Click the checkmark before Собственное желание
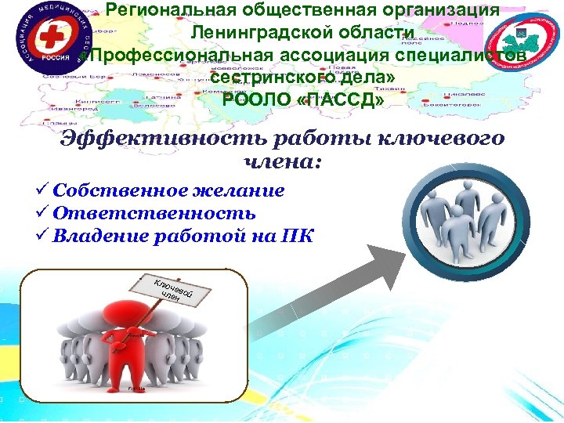pyautogui.click(x=42, y=191)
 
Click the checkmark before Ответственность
pyautogui.click(x=42, y=214)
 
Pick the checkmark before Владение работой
pyautogui.click(x=42, y=237)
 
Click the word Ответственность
pyautogui.click(x=154, y=214)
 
